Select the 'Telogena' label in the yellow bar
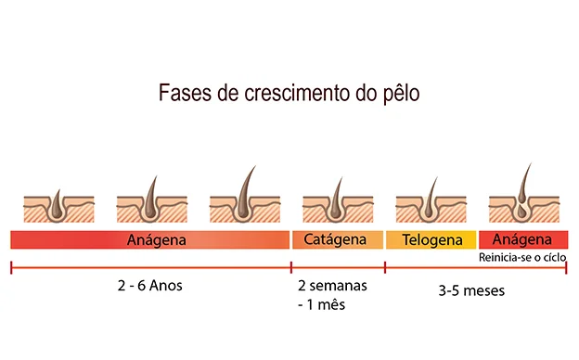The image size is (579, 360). point(431,240)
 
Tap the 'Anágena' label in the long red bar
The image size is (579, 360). point(156,240)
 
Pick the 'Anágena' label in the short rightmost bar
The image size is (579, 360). point(523,238)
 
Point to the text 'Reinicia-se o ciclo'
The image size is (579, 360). point(522,256)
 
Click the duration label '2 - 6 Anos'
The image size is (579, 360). point(151,286)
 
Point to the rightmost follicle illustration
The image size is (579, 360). point(523,199)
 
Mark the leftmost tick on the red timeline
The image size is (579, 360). point(11,268)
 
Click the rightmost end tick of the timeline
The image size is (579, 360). point(568,268)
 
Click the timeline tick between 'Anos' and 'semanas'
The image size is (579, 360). point(291,268)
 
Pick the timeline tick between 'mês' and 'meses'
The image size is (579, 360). point(385,268)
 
